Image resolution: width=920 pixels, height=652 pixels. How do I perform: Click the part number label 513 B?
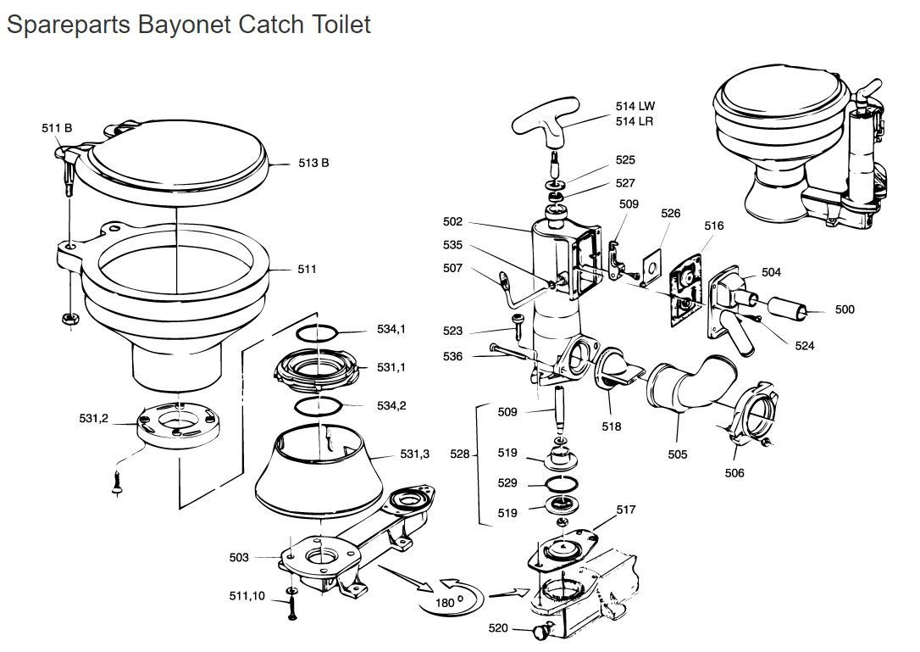pyautogui.click(x=313, y=163)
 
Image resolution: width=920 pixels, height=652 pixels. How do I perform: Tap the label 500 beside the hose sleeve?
pyautogui.click(x=845, y=309)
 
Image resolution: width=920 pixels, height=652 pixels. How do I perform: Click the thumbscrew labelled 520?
pyautogui.click(x=542, y=630)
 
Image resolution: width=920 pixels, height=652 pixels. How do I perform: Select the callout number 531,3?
pyautogui.click(x=415, y=454)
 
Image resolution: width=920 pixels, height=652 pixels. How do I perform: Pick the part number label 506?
pyautogui.click(x=734, y=472)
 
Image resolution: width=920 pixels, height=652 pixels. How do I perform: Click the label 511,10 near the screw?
pyautogui.click(x=247, y=596)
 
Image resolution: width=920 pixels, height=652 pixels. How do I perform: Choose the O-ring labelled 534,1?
pyautogui.click(x=319, y=331)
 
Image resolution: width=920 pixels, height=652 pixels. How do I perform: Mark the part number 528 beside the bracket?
pyautogui.click(x=460, y=454)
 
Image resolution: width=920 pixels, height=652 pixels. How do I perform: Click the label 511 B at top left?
pyautogui.click(x=57, y=128)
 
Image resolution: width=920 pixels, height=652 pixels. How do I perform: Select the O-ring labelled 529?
pyautogui.click(x=560, y=484)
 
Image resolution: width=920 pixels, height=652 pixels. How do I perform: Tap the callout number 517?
pyautogui.click(x=625, y=510)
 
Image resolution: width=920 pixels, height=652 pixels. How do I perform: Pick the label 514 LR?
pyautogui.click(x=635, y=121)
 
